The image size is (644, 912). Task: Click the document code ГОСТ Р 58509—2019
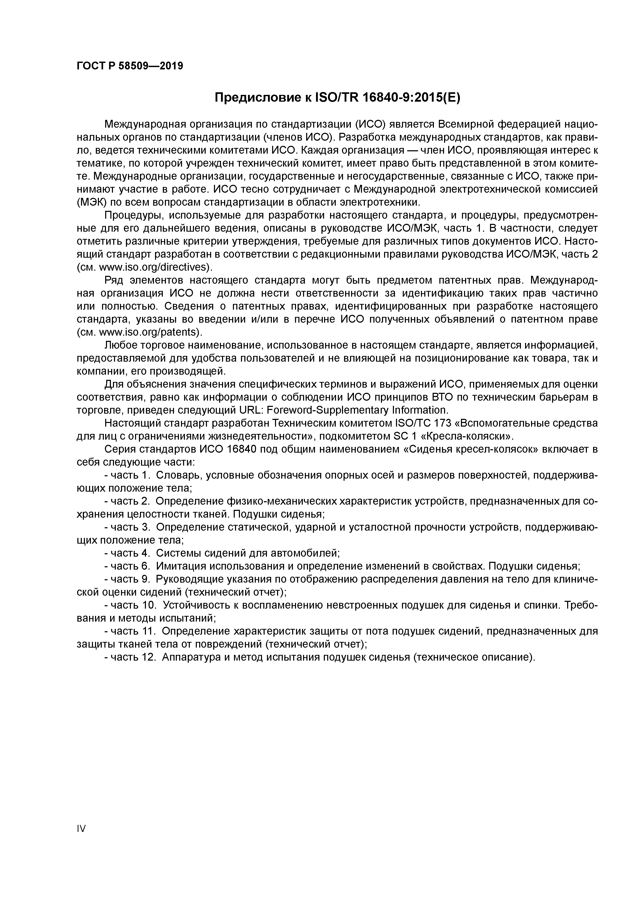[130, 66]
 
